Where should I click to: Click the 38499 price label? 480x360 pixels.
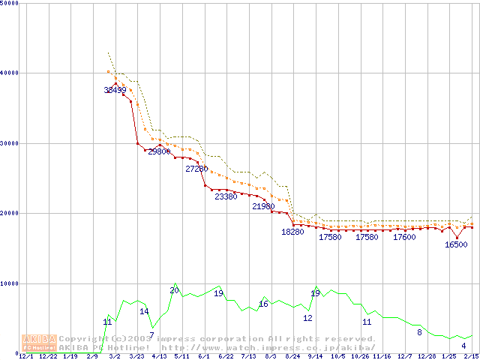pyautogui.click(x=115, y=90)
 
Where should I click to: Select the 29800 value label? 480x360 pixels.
pyautogui.click(x=159, y=151)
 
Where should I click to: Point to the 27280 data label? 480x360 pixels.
pyautogui.click(x=196, y=169)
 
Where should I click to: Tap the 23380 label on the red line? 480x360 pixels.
pyautogui.click(x=226, y=196)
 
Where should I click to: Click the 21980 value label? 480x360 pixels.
pyautogui.click(x=263, y=206)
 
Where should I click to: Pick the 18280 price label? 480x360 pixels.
pyautogui.click(x=292, y=232)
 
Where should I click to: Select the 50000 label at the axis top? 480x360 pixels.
pyautogui.click(x=10, y=4)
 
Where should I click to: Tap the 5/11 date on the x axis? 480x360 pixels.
pyautogui.click(x=181, y=357)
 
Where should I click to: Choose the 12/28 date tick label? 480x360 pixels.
pyautogui.click(x=427, y=357)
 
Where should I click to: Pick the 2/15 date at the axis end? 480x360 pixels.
pyautogui.click(x=472, y=357)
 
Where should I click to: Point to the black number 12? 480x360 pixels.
pyautogui.click(x=307, y=318)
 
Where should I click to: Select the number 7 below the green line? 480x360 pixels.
pyautogui.click(x=151, y=335)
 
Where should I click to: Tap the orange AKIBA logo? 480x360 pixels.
pyautogui.click(x=39, y=342)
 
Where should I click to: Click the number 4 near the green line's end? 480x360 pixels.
pyautogui.click(x=463, y=346)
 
